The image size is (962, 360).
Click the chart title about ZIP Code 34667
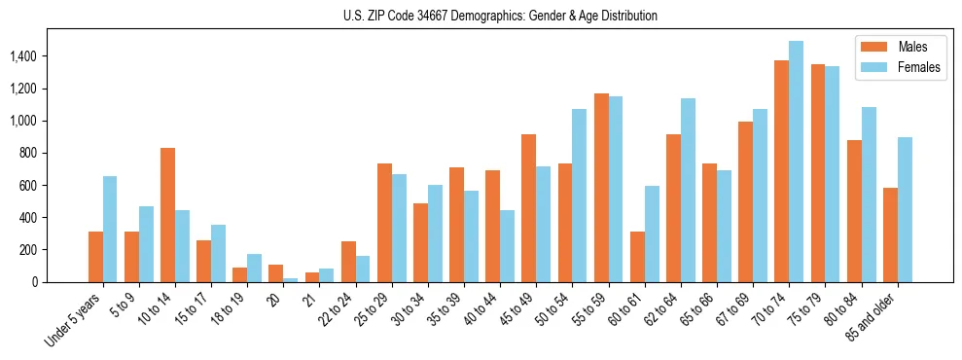click(500, 16)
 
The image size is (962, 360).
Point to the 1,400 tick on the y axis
click(23, 57)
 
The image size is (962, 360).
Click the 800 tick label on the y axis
click(29, 154)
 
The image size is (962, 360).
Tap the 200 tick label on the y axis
click(29, 250)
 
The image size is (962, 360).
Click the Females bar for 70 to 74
click(796, 162)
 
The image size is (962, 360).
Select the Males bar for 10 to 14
click(167, 215)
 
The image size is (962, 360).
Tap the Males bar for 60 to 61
click(637, 257)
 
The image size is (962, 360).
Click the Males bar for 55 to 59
click(601, 188)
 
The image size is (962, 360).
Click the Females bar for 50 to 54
click(580, 196)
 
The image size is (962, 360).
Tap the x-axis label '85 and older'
click(873, 317)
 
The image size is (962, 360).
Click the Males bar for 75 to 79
click(818, 173)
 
